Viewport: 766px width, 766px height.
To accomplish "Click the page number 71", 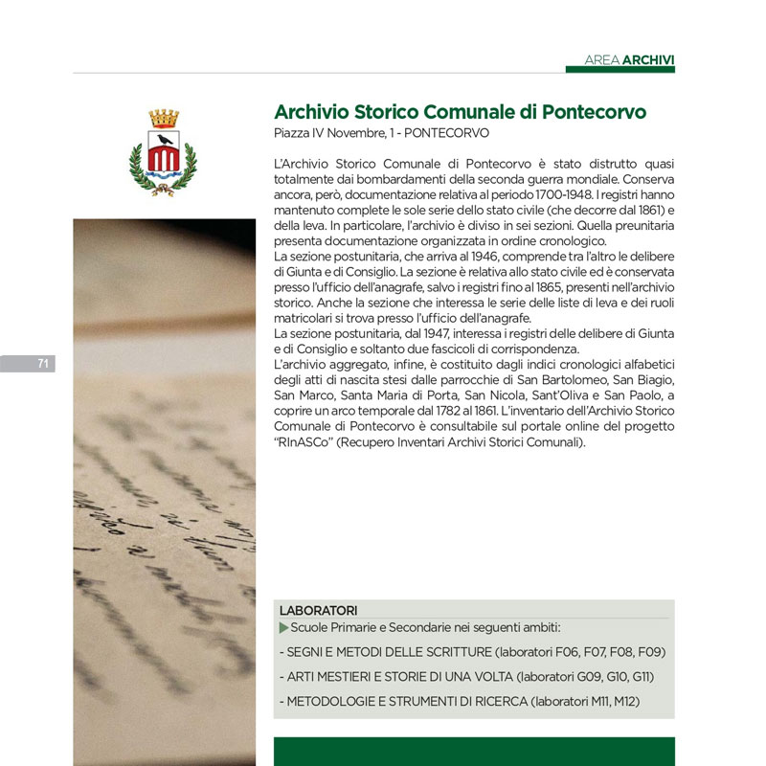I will pyautogui.click(x=43, y=363).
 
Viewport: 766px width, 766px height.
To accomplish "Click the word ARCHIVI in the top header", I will pyautogui.click(x=648, y=60).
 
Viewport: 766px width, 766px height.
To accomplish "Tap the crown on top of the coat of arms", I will pyautogui.click(x=163, y=118).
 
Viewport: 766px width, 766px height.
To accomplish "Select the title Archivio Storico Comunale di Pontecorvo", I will pyautogui.click(x=460, y=112).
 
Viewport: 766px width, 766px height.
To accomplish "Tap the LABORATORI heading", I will pyautogui.click(x=319, y=610).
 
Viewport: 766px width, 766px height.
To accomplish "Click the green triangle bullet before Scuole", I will pyautogui.click(x=282, y=627).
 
